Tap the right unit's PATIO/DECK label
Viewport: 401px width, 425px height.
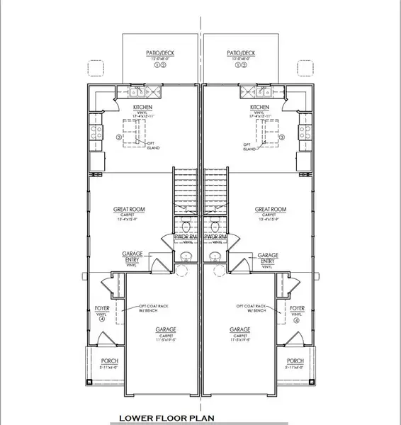point(241,52)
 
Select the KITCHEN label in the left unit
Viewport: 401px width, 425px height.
point(143,107)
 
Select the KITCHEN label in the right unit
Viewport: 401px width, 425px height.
point(261,107)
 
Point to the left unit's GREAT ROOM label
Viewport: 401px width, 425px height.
point(129,210)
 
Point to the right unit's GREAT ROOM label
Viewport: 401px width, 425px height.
point(271,210)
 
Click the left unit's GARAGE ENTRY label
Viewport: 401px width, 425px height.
point(133,257)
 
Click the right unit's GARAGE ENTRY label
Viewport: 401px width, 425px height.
point(267,257)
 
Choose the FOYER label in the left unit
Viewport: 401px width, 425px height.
point(101,309)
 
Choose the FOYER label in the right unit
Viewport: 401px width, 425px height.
point(298,309)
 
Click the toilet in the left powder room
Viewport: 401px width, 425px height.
point(186,226)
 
